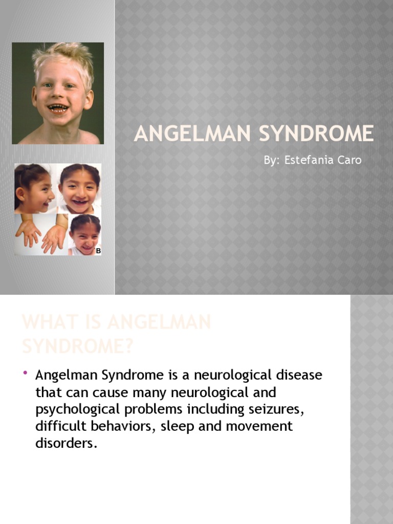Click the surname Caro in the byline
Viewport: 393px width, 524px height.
click(x=350, y=160)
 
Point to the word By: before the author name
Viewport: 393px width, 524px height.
click(x=271, y=160)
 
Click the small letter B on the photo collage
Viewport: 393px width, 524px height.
click(x=98, y=251)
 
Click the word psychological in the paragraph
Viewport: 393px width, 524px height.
click(x=74, y=409)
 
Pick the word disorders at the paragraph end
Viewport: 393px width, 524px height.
click(x=65, y=443)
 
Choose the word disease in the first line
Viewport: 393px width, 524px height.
click(x=298, y=376)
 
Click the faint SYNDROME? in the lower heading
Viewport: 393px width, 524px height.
click(x=77, y=346)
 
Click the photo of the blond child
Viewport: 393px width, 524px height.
click(x=58, y=93)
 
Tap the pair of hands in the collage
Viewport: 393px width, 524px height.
click(x=41, y=234)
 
